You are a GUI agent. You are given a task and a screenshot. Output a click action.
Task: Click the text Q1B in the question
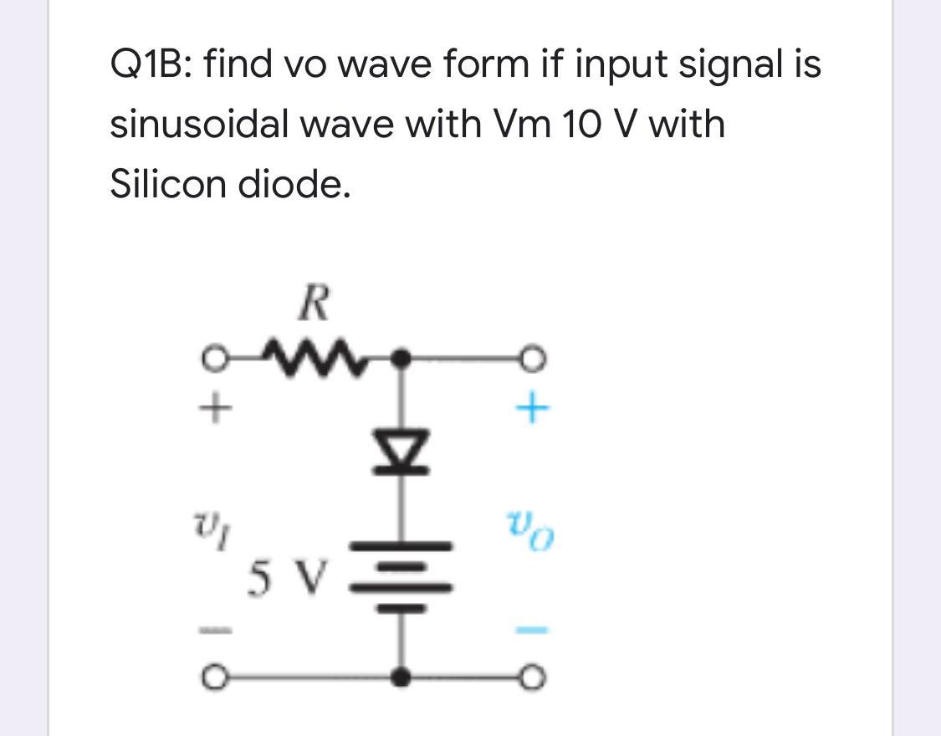[150, 64]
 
